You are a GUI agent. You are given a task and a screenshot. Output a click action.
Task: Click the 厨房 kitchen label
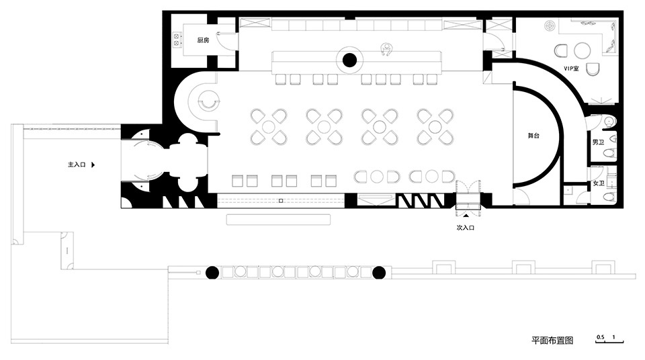coord(203,40)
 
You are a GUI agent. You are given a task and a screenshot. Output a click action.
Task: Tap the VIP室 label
coord(571,69)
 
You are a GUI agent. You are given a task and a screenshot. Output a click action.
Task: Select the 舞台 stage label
coord(533,136)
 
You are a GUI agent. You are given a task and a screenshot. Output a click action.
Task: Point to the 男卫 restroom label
coord(598,142)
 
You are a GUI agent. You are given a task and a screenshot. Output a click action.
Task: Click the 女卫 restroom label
coord(599,183)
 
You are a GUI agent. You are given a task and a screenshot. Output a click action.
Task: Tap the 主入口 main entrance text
coord(77,165)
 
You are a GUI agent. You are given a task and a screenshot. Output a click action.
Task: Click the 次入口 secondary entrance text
coord(466,228)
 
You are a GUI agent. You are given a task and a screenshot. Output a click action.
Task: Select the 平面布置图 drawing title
coord(552,341)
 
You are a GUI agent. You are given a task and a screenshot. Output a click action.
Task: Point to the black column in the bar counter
coord(349,60)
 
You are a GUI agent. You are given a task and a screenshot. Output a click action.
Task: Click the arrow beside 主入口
coord(93,165)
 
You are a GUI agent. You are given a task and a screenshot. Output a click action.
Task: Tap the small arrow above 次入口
coord(466,215)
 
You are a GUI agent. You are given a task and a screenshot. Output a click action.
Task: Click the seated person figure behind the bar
coord(386,49)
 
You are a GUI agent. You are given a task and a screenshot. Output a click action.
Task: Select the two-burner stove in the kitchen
coord(177,40)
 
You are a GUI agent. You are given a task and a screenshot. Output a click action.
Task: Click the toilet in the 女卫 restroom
coord(611,197)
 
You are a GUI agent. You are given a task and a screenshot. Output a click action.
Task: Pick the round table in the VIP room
coord(582,51)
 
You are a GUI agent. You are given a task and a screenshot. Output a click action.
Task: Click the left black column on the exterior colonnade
coord(212,273)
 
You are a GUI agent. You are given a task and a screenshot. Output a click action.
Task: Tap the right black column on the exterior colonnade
coord(379,273)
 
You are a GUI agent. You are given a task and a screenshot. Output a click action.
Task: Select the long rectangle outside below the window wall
coord(278,220)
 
